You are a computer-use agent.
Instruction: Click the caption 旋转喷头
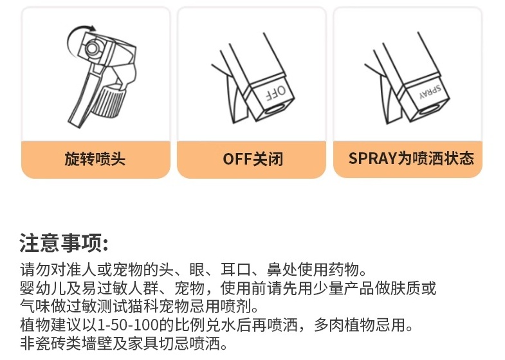(x=95, y=159)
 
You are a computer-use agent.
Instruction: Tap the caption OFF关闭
(x=253, y=159)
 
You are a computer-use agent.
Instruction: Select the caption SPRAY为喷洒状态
(x=411, y=158)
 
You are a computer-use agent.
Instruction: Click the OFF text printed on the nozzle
(x=276, y=93)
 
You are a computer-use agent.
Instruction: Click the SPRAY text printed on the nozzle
(x=430, y=91)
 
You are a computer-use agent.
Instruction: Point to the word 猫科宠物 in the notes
(x=158, y=306)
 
